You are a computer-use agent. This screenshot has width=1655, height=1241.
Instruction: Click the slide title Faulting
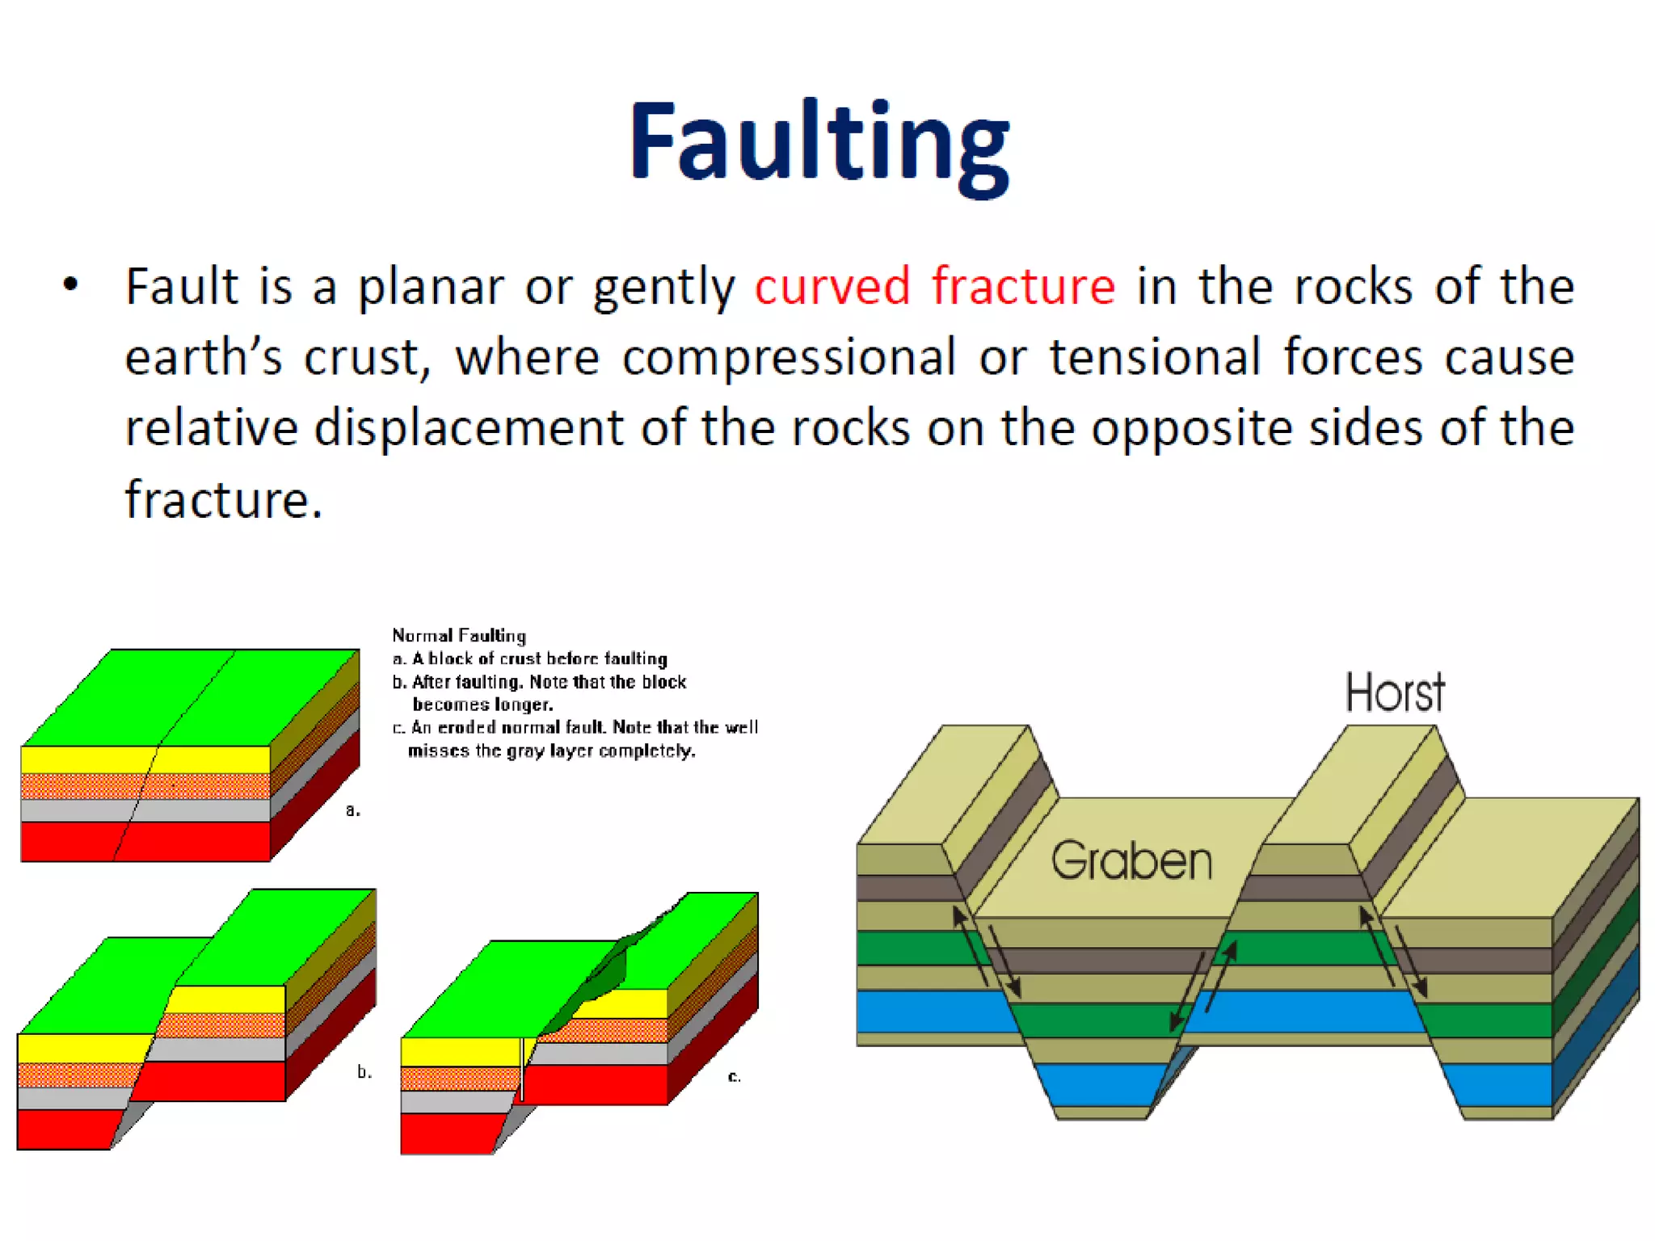(x=819, y=141)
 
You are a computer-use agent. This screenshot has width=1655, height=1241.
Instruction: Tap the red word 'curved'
(x=832, y=286)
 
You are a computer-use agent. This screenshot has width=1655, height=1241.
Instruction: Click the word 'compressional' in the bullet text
(x=789, y=357)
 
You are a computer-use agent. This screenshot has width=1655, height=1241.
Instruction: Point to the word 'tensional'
(x=1155, y=357)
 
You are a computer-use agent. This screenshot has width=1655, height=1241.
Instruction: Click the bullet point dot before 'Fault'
(x=71, y=284)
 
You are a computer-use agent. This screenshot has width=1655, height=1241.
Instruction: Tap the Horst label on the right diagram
(x=1395, y=692)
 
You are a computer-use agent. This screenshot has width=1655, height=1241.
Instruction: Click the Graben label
(x=1131, y=860)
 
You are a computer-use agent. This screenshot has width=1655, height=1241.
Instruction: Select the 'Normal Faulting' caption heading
(x=459, y=636)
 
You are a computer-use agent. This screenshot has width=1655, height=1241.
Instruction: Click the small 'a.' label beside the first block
(x=352, y=810)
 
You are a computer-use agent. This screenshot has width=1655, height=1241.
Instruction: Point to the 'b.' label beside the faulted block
(x=364, y=1072)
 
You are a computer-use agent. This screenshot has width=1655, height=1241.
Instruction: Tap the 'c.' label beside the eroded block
(x=734, y=1076)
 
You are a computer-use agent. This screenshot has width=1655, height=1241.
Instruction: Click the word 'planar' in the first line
(x=431, y=288)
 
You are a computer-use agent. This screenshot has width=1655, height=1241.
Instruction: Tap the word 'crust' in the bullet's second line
(x=361, y=357)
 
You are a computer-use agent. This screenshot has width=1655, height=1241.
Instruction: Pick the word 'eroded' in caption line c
(x=466, y=727)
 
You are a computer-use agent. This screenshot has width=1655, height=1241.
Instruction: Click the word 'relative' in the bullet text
(x=211, y=428)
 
